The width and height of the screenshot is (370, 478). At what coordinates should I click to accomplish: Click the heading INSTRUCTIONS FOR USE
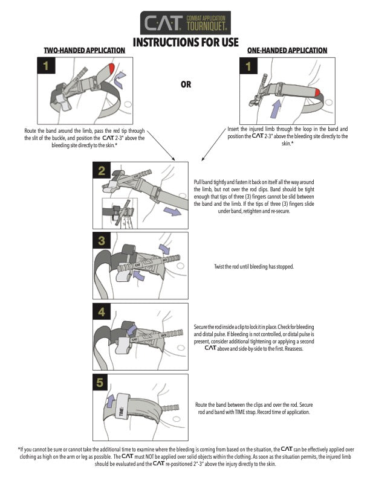coord(186,42)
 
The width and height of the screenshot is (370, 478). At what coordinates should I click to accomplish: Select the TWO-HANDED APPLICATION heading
coord(85,50)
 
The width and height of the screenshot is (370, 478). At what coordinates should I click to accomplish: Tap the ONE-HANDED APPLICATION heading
coord(287,50)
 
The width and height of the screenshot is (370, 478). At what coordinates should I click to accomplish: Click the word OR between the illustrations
coord(186,84)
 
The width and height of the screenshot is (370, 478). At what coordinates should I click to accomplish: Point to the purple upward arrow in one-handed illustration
coord(259,110)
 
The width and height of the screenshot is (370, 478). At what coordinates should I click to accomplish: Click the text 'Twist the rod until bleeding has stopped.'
coord(254,267)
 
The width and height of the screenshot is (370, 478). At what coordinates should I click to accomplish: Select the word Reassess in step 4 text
coord(273,348)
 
